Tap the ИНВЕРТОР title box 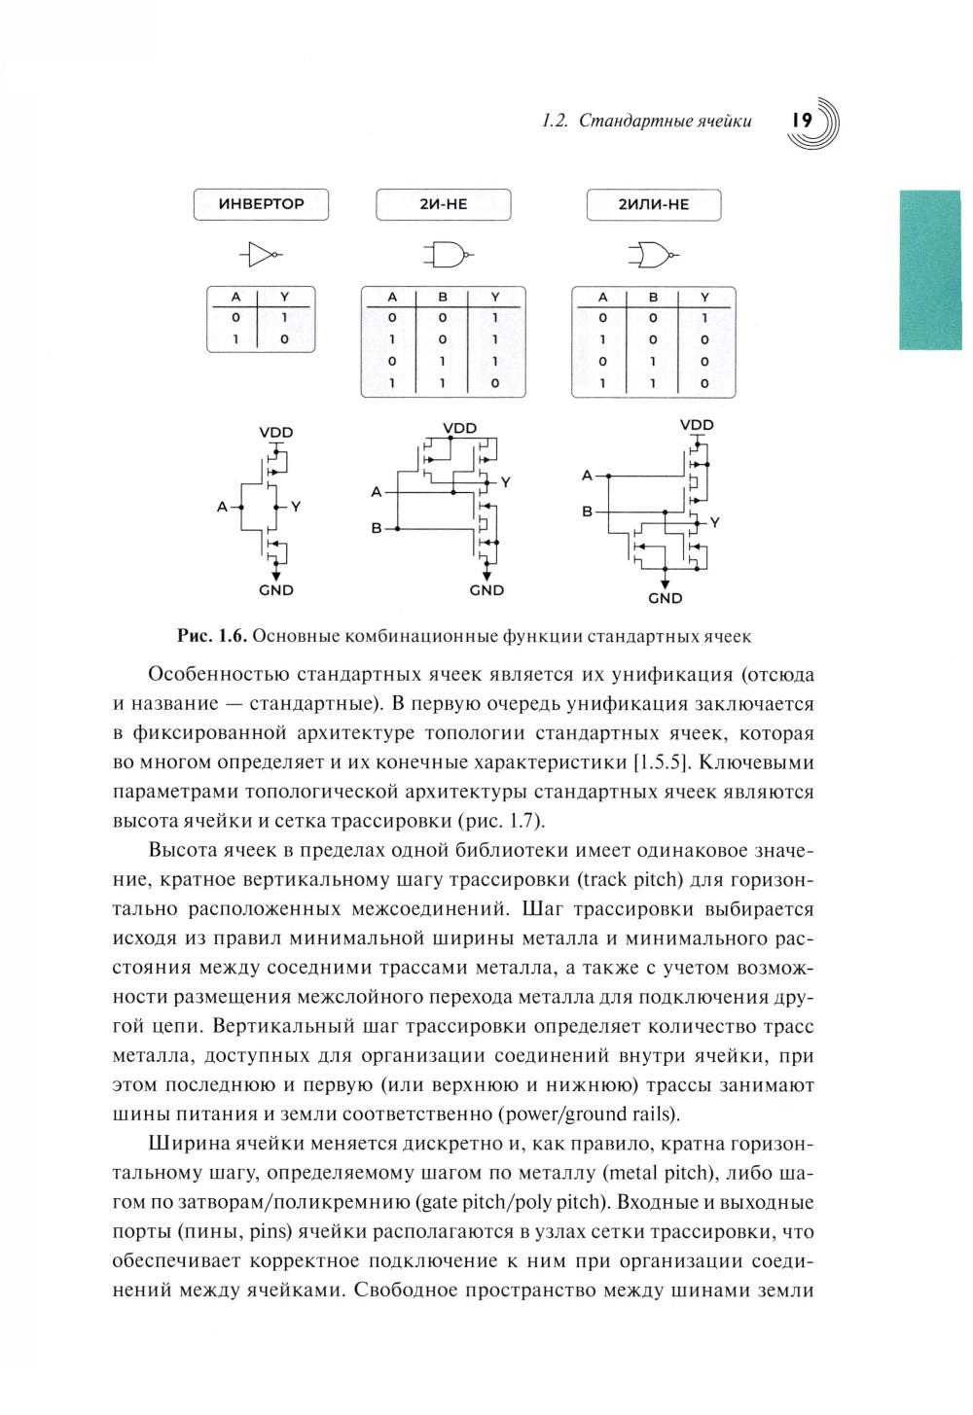pos(261,204)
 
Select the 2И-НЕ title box pos(443,204)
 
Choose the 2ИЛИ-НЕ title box pos(653,204)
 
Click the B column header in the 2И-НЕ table pos(443,297)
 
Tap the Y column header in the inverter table pos(284,297)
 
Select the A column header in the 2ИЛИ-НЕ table pos(602,297)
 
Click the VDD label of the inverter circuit pos(276,432)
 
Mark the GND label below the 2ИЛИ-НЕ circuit pos(666,598)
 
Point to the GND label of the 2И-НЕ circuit pos(486,590)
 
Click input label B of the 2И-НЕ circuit pos(376,529)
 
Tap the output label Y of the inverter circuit pos(297,507)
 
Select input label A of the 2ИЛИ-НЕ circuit pos(587,476)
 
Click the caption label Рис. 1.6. pos(211,636)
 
